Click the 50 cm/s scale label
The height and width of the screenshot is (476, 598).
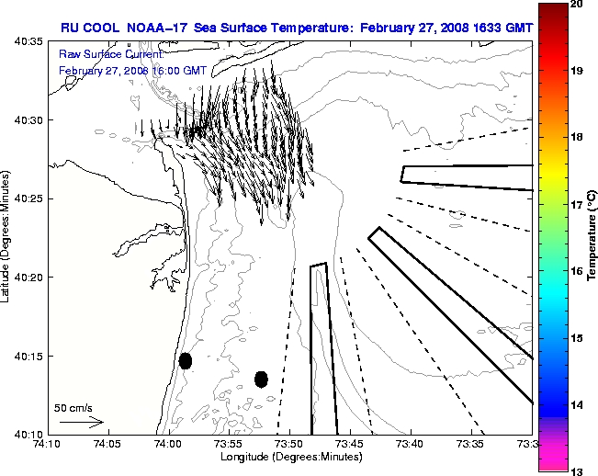(74, 407)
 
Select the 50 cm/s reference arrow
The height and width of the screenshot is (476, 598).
(81, 422)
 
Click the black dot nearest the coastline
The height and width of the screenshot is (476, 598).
(186, 360)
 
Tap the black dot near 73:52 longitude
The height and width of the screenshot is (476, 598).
(261, 379)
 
